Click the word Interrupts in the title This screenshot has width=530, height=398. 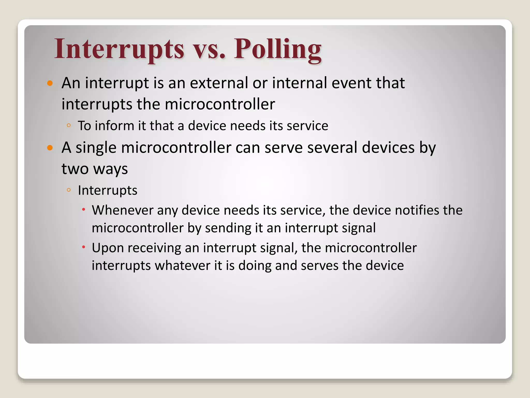click(x=119, y=49)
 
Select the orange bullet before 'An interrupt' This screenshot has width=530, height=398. click(x=50, y=83)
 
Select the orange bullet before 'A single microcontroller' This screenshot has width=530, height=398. click(x=50, y=148)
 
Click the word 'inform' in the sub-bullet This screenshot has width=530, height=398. click(x=115, y=126)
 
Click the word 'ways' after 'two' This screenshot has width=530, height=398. click(x=111, y=169)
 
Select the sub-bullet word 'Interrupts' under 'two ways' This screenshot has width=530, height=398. click(x=107, y=190)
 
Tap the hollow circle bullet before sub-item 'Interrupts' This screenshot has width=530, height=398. click(x=69, y=190)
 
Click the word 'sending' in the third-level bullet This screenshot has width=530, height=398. click(x=228, y=228)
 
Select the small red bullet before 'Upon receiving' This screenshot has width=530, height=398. click(x=84, y=247)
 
